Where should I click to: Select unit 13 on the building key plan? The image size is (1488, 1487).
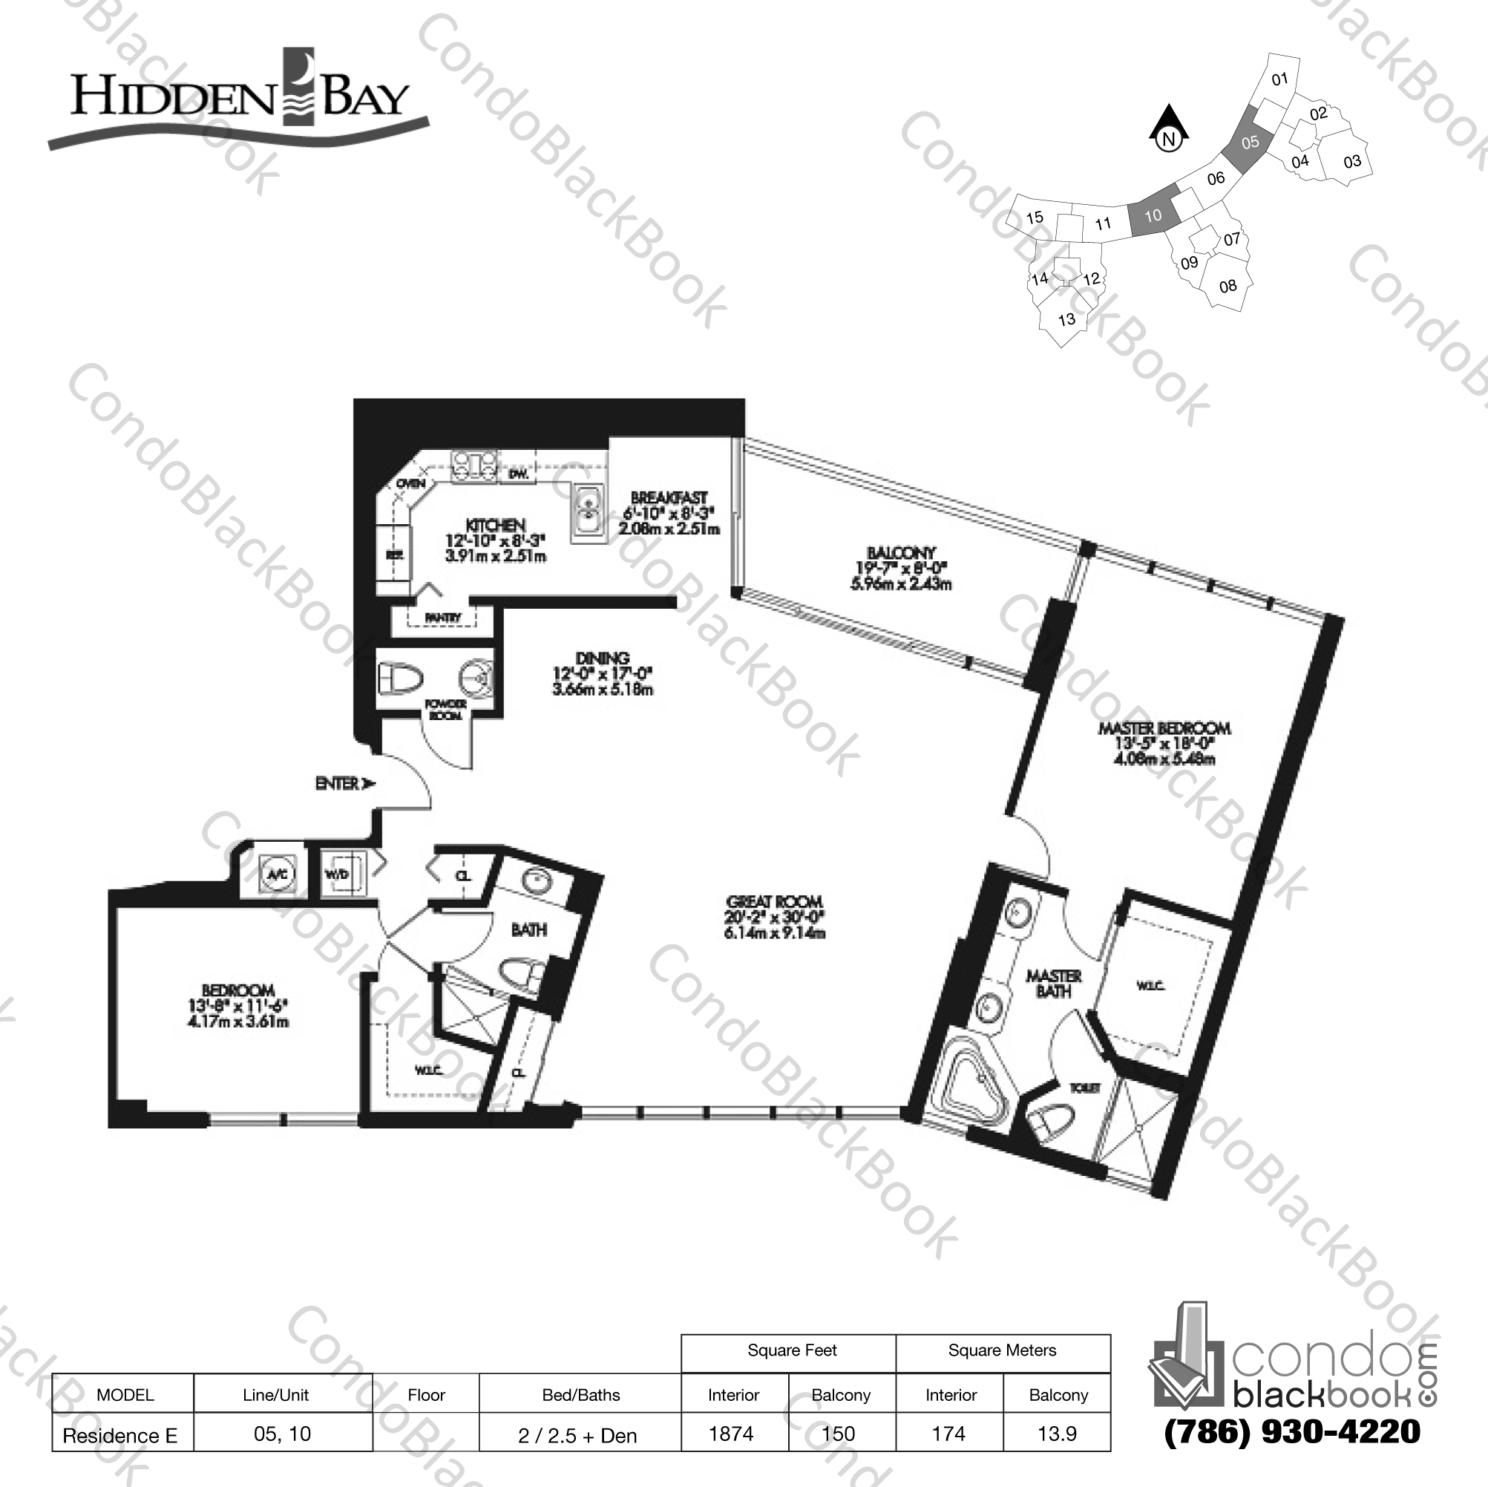pos(1066,319)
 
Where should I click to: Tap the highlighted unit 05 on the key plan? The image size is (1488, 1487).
pos(1250,143)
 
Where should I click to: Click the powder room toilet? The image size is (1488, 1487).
pos(402,679)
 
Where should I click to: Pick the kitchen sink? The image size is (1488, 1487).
pos(589,512)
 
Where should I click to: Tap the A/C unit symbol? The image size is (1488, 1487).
pos(275,875)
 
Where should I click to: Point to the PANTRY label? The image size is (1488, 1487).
pos(443,617)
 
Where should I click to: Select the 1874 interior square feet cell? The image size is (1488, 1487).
pos(732,1434)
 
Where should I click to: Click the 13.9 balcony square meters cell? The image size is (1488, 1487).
pos(1057,1434)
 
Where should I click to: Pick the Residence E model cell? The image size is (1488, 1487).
pos(120,1435)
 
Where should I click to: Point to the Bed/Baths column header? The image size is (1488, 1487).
pos(580,1394)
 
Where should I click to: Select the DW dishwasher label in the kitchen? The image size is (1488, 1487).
pos(518,475)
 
